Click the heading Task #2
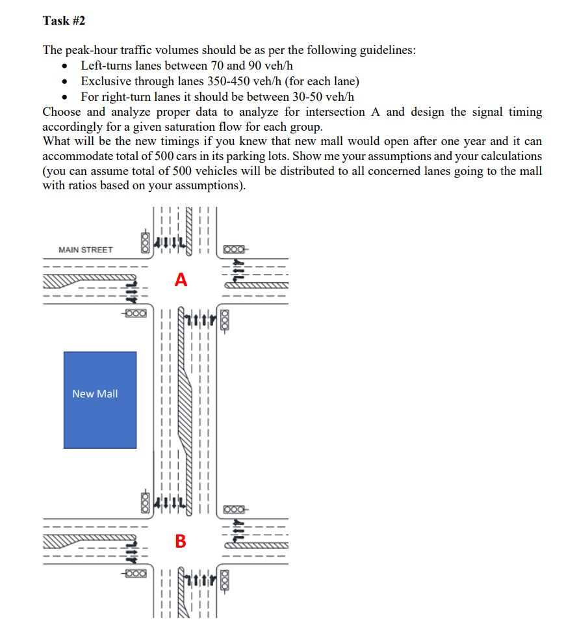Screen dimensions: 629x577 coord(64,21)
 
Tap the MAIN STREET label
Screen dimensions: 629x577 coord(85,250)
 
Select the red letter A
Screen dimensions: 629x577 coord(181,280)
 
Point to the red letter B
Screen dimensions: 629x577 coord(181,541)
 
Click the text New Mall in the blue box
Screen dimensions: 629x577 coord(95,394)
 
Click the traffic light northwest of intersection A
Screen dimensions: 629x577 coord(145,242)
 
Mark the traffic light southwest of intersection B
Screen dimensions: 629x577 coord(135,574)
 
